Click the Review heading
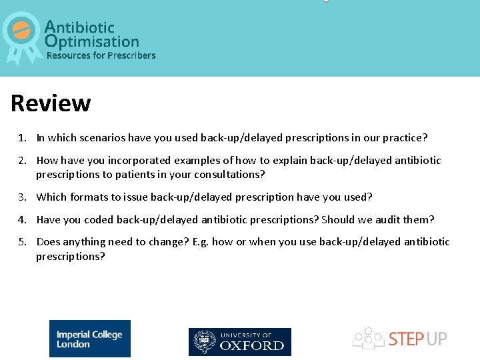51,103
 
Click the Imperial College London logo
89,339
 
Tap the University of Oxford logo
240,341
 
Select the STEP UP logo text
418,339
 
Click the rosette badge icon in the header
22,35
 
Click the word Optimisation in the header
92,41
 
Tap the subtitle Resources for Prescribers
101,55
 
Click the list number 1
21,138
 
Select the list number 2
21,161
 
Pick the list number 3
21,197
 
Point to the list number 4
21,220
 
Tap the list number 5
21,242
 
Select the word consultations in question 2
230,175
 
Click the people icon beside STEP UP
367,338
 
